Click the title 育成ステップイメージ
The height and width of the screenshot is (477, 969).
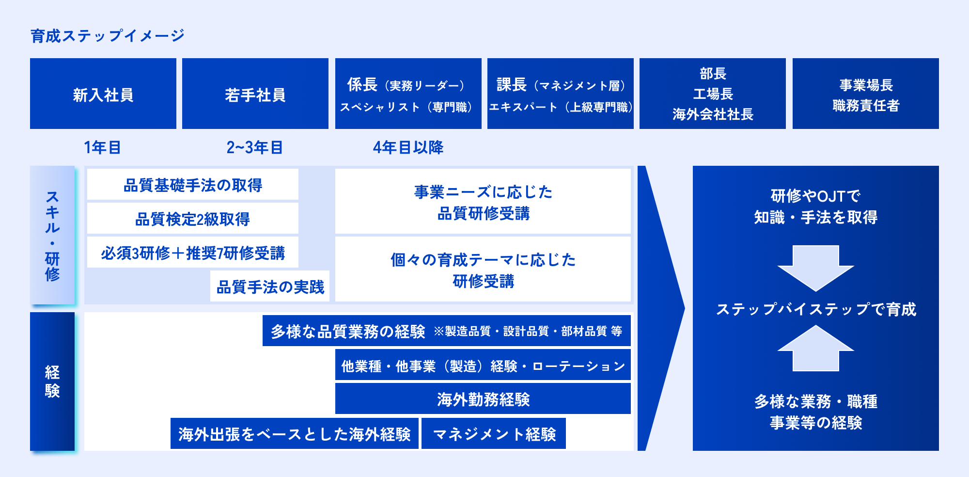(x=108, y=36)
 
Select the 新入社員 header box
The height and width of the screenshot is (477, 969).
(x=103, y=94)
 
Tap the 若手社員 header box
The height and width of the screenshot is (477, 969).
(x=255, y=94)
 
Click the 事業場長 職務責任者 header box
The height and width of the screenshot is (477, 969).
(x=866, y=94)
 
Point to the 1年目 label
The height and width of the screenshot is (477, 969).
(x=102, y=147)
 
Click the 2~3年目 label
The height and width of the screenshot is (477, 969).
(x=255, y=147)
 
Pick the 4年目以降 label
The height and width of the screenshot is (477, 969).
(x=408, y=147)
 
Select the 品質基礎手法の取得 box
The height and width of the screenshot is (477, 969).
(x=193, y=185)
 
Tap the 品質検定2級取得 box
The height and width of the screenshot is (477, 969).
(x=193, y=219)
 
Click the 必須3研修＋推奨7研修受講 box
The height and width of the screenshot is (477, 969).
(x=193, y=253)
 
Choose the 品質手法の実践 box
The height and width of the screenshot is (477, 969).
(x=270, y=286)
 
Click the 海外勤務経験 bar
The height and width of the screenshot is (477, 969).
(x=483, y=399)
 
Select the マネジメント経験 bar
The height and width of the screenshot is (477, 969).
(x=494, y=434)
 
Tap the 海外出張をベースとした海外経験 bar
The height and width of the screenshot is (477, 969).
(x=295, y=434)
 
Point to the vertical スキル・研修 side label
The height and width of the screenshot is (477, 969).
(x=52, y=236)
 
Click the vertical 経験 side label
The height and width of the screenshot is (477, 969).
(x=52, y=382)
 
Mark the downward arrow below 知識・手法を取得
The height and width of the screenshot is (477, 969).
(x=816, y=268)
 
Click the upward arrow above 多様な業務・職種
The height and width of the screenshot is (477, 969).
(x=816, y=348)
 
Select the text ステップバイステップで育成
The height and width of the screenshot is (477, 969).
(x=816, y=309)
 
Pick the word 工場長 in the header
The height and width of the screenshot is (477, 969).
(x=713, y=94)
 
